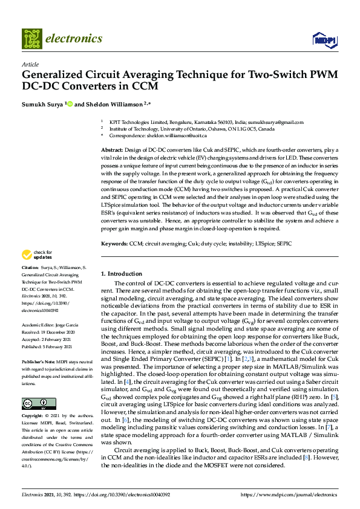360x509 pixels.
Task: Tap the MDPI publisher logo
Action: [x=324, y=40]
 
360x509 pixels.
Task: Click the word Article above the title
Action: [x=30, y=64]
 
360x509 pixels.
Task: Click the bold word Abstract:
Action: [x=112, y=149]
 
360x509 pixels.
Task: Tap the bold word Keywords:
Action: [x=114, y=243]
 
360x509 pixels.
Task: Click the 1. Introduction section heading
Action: [x=121, y=273]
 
